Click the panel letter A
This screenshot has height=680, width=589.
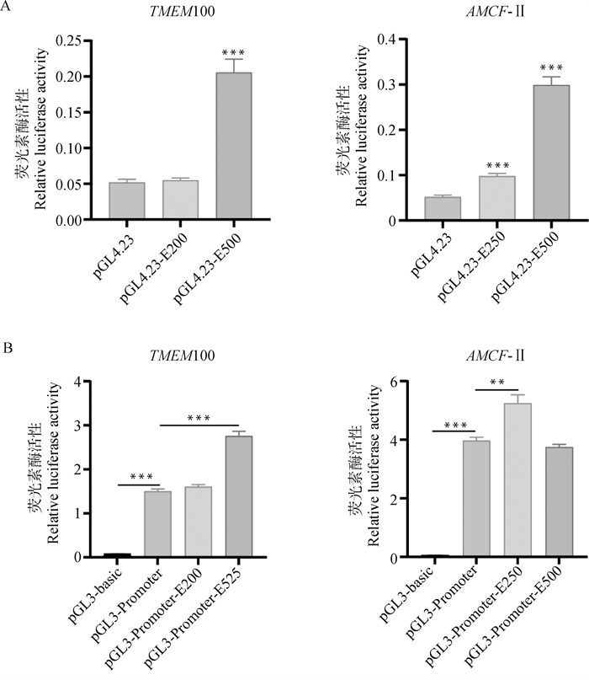[x=8, y=9]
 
